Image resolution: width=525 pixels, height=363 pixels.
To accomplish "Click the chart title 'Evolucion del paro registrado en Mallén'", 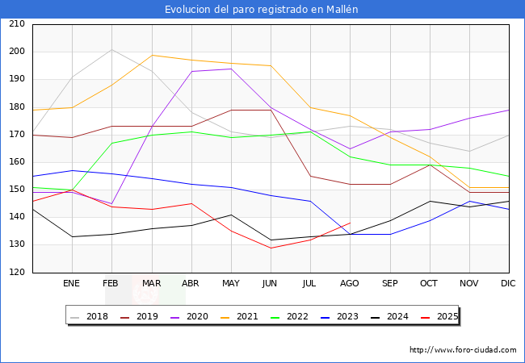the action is (261, 9).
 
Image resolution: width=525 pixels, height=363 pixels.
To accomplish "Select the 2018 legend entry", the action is (89, 316).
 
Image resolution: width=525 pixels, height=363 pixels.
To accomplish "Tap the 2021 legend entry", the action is (239, 316).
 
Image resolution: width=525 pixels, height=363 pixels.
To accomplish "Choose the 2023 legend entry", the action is (339, 316).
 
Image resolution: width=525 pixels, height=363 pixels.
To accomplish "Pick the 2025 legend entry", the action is (439, 316).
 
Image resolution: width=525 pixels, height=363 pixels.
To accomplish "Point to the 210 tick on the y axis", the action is (17, 23).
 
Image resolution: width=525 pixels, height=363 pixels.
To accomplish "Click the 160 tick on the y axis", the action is (17, 162).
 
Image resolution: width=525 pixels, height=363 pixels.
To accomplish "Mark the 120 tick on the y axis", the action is (17, 272).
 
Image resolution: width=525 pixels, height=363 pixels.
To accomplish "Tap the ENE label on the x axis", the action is (71, 283).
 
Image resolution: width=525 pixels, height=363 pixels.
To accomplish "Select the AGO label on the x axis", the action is (350, 283).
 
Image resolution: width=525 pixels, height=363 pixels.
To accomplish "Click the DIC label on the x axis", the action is (508, 283).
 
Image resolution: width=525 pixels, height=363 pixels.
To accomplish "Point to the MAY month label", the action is (231, 283).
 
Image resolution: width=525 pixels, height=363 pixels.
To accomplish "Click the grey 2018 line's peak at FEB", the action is (111, 49).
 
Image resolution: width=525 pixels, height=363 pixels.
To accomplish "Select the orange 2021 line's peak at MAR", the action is (152, 55).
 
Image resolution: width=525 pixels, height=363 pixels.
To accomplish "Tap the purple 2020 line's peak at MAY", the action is (231, 69).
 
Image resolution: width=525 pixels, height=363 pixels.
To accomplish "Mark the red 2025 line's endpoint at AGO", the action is (351, 223).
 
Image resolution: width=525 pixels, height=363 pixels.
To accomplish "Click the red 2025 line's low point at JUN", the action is (271, 248).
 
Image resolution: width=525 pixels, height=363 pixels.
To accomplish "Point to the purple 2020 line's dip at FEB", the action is (111, 203).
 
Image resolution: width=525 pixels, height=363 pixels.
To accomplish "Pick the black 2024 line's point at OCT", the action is (430, 201).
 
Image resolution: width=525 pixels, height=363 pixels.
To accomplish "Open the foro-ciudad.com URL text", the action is (463, 349).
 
